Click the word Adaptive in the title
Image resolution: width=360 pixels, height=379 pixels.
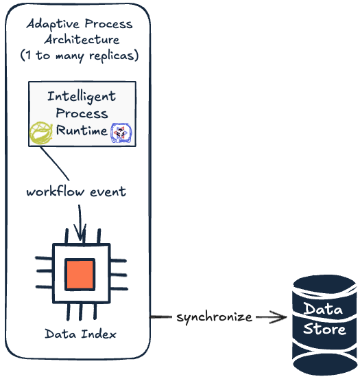click(53, 25)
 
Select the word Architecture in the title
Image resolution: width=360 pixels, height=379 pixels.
click(82, 40)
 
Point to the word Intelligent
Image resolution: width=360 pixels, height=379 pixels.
click(82, 97)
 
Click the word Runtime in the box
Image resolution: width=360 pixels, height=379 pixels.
click(82, 130)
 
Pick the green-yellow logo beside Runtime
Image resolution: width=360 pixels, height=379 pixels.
click(41, 133)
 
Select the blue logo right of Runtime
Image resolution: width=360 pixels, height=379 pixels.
click(121, 133)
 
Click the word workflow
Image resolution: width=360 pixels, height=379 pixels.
click(56, 192)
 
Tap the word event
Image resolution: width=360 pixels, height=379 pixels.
click(108, 192)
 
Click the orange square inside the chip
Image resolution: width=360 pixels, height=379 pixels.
click(80, 275)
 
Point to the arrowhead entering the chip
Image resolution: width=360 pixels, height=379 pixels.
click(80, 233)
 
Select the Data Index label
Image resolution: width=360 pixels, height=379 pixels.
click(81, 334)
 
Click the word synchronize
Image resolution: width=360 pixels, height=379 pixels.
click(214, 317)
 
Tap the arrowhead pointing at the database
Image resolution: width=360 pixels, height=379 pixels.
click(279, 317)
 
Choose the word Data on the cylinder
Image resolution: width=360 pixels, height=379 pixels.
click(323, 309)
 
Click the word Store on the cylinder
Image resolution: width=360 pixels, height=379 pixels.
click(324, 329)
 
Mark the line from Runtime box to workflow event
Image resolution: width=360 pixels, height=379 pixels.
click(55, 163)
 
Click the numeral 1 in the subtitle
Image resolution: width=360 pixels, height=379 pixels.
click(29, 55)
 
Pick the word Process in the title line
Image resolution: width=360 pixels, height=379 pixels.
click(108, 24)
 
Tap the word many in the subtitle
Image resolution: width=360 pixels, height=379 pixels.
click(70, 56)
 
